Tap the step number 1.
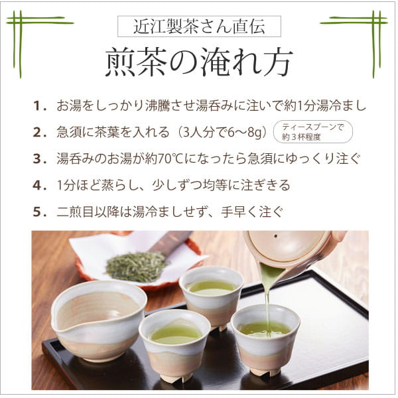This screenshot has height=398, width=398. tap(39, 105)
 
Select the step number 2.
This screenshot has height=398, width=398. tap(39, 132)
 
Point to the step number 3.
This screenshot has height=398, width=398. tap(39, 159)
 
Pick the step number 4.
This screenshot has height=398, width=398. tap(39, 185)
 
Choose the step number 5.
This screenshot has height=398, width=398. tap(39, 212)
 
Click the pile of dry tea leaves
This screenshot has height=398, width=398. tap(136, 265)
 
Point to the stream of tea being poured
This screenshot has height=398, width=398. tap(267, 302)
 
